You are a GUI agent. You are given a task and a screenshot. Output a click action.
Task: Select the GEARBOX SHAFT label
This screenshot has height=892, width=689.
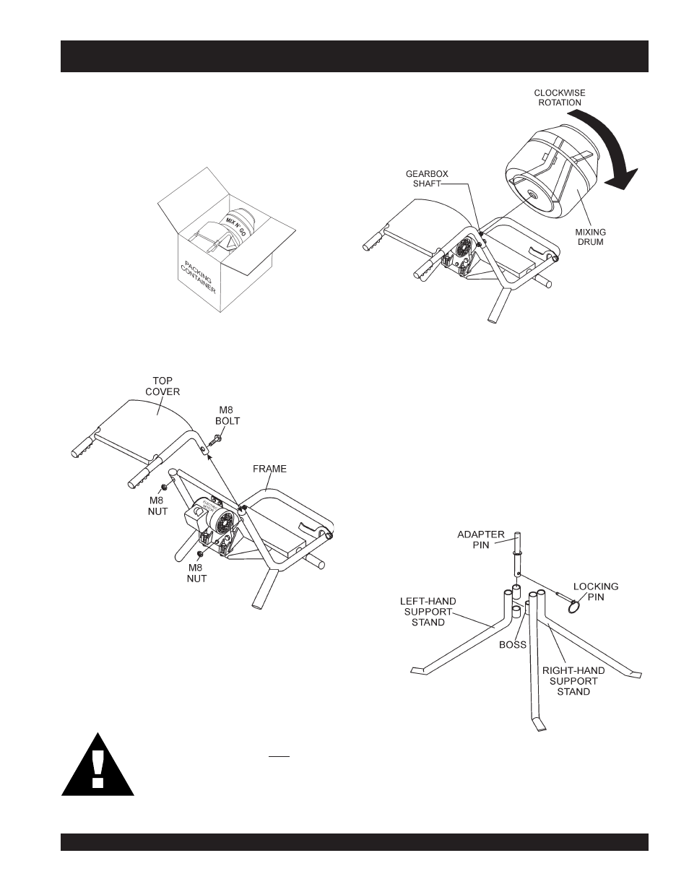422,178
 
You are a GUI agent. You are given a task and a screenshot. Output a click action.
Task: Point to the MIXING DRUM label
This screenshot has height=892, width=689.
590,237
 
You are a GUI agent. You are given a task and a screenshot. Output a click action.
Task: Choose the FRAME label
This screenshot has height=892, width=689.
269,469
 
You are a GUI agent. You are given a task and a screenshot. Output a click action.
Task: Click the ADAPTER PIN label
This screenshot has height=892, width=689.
480,540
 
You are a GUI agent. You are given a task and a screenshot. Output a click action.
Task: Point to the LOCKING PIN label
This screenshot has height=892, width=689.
595,592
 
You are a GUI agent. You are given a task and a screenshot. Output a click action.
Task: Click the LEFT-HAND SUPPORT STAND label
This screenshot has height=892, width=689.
428,611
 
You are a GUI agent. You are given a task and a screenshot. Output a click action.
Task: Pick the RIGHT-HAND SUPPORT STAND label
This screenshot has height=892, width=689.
573,680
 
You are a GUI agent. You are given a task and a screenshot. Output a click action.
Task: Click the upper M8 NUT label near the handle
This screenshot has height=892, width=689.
158,505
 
